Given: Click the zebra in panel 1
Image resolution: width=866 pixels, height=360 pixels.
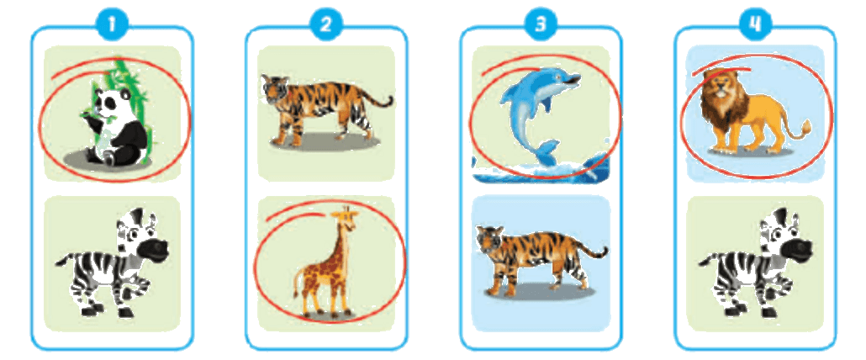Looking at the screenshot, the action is [113, 262].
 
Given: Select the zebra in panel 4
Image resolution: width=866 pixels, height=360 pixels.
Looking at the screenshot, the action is [756, 262].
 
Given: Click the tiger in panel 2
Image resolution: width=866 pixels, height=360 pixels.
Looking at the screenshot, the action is [326, 109].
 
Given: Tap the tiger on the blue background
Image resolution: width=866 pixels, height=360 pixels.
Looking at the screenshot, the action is [541, 260].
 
